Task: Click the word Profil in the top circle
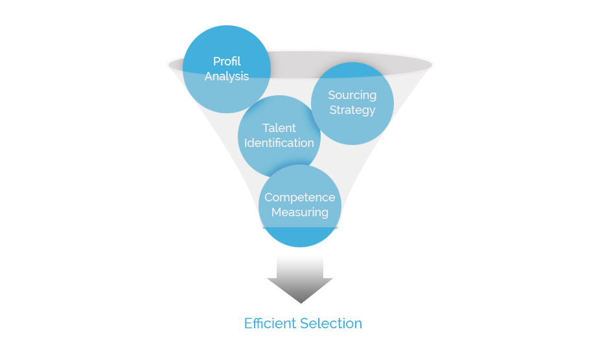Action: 227,62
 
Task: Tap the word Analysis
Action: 227,76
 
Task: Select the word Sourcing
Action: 352,96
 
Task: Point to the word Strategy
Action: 352,110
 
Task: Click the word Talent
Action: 279,128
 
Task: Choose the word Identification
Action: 279,143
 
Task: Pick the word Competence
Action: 300,197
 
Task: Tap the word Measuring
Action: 300,212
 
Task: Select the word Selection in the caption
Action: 331,324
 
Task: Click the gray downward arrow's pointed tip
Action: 301,303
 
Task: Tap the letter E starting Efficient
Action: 247,324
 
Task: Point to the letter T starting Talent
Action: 266,128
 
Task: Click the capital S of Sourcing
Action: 332,95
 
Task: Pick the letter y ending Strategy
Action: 372,111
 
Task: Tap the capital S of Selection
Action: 304,324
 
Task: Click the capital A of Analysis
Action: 209,76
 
